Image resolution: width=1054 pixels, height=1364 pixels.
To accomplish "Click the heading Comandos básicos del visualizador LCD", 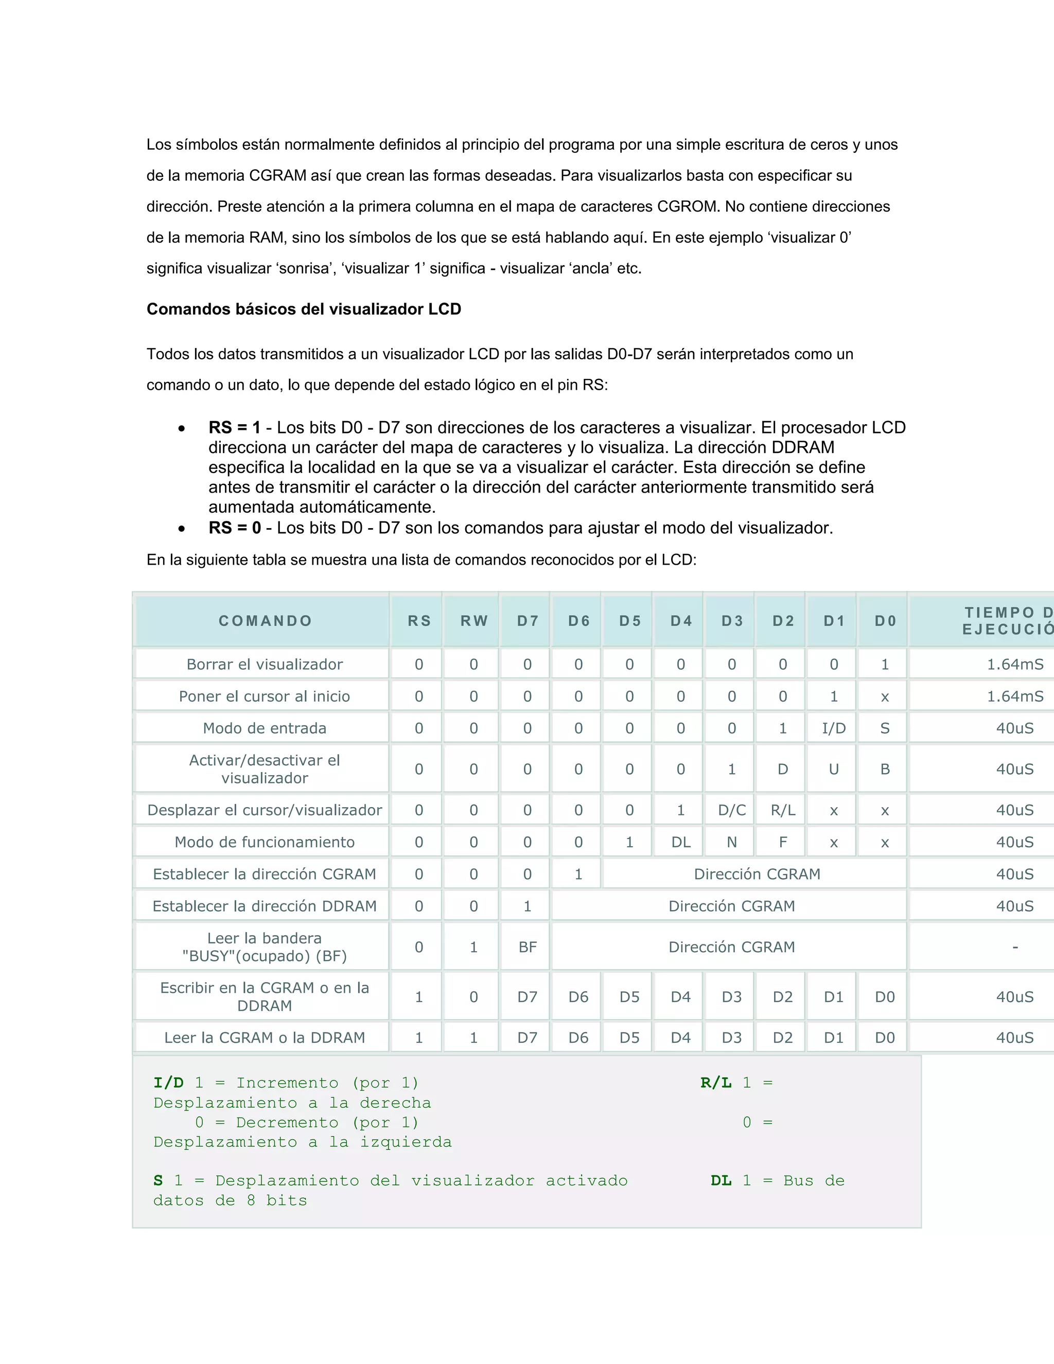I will click(304, 309).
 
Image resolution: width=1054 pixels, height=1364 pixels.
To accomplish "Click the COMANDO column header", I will click(265, 621).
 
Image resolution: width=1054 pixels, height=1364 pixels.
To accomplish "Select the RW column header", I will click(474, 621).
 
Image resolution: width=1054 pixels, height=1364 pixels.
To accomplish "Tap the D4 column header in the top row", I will click(680, 621).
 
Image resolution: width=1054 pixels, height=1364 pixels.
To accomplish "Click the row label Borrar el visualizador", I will click(265, 664).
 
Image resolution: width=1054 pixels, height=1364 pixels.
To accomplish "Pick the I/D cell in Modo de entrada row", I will click(834, 728).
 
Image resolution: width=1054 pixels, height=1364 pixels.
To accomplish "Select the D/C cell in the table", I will click(732, 810).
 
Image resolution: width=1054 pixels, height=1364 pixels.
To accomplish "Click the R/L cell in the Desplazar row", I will click(782, 810).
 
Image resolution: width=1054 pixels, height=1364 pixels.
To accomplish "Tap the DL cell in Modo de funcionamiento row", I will click(680, 842).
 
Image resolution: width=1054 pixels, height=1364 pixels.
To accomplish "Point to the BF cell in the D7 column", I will click(528, 947).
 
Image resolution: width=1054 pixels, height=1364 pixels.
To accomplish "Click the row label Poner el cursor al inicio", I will click(265, 696).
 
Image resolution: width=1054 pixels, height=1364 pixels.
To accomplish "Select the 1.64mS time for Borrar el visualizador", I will click(1015, 664).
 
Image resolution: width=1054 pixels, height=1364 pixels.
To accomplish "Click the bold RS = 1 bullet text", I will click(234, 428).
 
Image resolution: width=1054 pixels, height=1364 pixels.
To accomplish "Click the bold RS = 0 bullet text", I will click(234, 528).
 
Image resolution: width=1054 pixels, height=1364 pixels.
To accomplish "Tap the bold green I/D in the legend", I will click(169, 1083).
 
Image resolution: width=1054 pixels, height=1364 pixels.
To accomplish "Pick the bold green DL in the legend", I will click(721, 1180).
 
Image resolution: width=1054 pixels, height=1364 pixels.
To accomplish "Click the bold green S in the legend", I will click(158, 1180).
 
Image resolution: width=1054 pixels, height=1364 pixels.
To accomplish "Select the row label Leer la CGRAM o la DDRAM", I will click(265, 1037).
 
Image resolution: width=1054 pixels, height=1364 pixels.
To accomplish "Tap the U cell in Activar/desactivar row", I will click(834, 769).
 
